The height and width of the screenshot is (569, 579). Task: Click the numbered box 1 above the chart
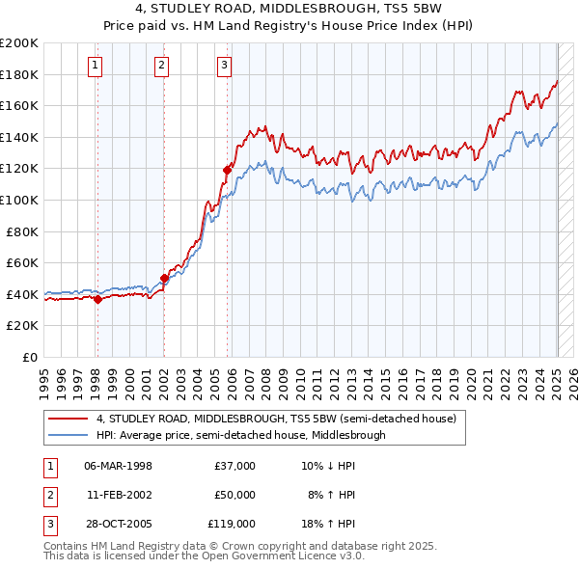(96, 66)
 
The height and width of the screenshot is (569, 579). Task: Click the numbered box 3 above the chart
(224, 66)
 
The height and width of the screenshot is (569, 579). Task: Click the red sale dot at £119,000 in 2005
(228, 170)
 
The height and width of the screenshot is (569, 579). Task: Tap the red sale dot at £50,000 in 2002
(164, 278)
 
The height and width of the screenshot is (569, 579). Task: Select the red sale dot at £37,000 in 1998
(97, 299)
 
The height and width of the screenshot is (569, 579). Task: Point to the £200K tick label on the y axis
(19, 43)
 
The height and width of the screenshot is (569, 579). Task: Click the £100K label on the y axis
(19, 200)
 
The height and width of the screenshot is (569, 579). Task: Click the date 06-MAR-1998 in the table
(118, 466)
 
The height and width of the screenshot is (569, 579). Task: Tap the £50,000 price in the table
(234, 495)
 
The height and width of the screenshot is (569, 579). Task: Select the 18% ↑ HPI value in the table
(331, 524)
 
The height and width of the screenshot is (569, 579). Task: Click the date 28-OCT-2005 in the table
(118, 524)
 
